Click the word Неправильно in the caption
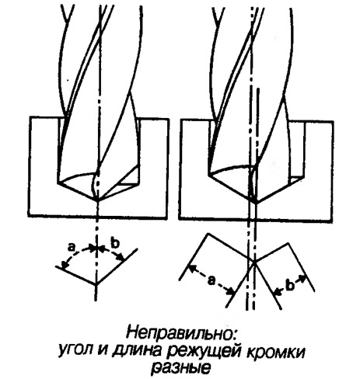click(182, 333)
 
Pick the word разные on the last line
click(180, 369)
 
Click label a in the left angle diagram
click(71, 248)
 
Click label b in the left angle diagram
click(115, 242)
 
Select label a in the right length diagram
click(212, 280)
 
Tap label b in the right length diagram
click(291, 285)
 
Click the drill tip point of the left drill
click(96, 200)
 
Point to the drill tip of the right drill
click(254, 201)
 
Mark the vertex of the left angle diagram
click(96, 283)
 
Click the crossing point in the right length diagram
click(254, 262)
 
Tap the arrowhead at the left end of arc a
click(63, 265)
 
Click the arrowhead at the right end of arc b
click(121, 258)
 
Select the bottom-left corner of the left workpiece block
click(29, 215)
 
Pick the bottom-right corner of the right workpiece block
click(333, 221)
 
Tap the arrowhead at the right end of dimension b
click(302, 279)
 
